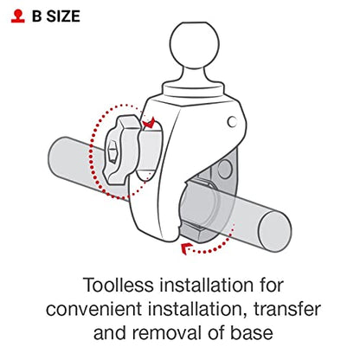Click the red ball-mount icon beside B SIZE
(18, 16)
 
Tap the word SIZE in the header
(63, 16)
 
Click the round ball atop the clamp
(195, 45)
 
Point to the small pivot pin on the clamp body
(232, 121)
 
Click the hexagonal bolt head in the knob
(112, 151)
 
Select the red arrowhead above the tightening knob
(149, 123)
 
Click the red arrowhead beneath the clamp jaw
(185, 248)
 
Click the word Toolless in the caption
(119, 286)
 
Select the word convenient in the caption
(93, 309)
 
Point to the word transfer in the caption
(287, 309)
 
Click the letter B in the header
(37, 16)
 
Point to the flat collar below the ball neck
(193, 89)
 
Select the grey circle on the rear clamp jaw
(225, 170)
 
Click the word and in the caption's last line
(111, 333)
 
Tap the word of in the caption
(216, 333)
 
